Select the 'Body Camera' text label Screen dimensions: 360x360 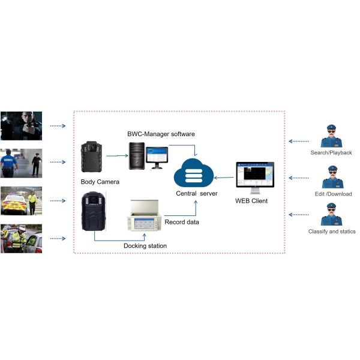99,181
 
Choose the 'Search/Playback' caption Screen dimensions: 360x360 332,153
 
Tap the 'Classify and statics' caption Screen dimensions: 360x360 332,231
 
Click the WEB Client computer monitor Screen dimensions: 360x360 254,175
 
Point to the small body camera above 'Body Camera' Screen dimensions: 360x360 93,157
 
